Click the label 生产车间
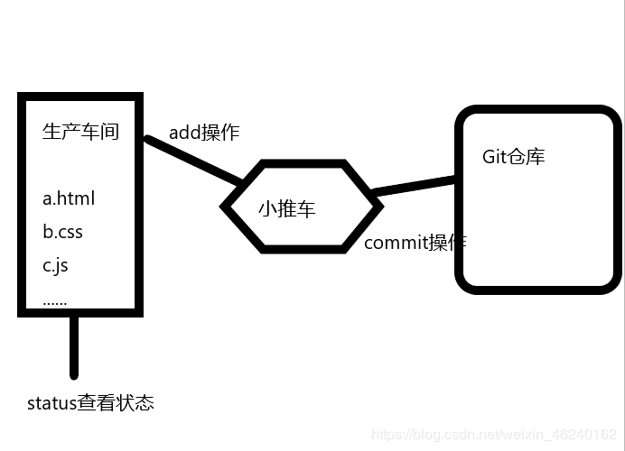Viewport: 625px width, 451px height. [x=80, y=132]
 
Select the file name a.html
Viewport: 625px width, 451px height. [x=68, y=198]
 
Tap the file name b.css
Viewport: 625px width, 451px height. [x=62, y=232]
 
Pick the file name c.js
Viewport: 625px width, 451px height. [x=55, y=265]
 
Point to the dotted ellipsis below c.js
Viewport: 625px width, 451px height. [x=54, y=300]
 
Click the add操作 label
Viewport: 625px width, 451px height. [x=204, y=133]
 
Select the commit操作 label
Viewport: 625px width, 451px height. [x=415, y=243]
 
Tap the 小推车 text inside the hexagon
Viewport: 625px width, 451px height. [x=286, y=209]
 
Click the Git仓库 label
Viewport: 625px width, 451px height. [x=513, y=156]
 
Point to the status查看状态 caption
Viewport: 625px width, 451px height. [x=90, y=402]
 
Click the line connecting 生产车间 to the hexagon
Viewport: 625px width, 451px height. [x=191, y=161]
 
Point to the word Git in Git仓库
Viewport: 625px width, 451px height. [x=496, y=156]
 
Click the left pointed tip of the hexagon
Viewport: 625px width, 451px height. [x=225, y=207]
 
